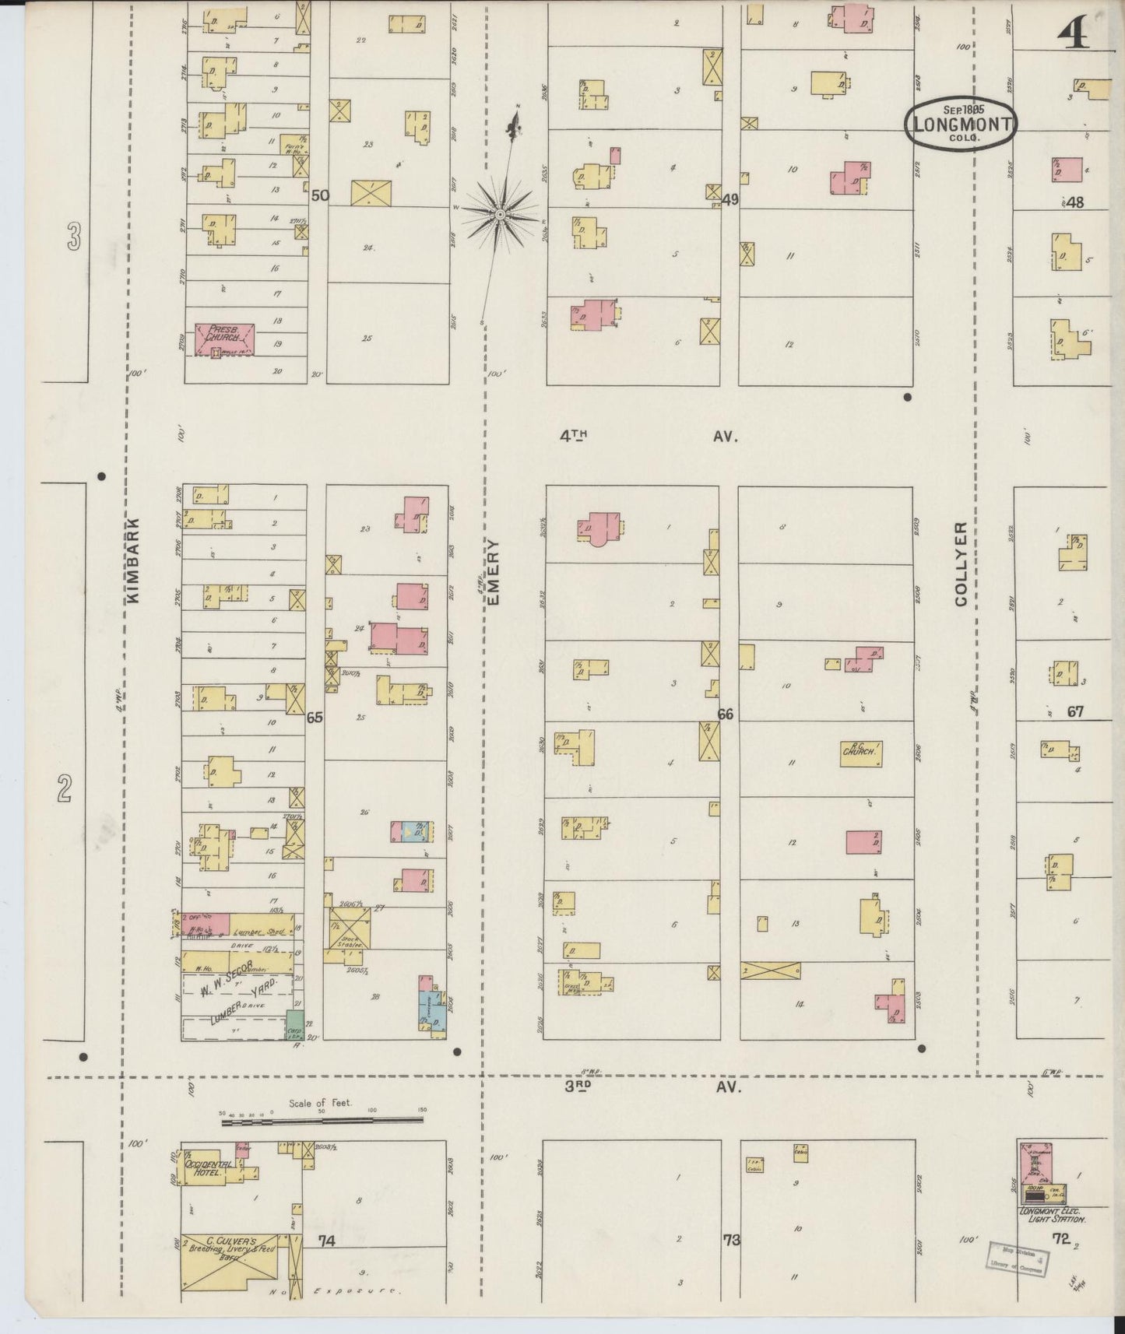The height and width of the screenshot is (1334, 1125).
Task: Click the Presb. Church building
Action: [226, 339]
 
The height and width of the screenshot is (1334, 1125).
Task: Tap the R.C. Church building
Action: [861, 753]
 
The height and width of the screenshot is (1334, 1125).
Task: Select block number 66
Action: [725, 714]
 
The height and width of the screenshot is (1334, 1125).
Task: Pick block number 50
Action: [319, 195]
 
